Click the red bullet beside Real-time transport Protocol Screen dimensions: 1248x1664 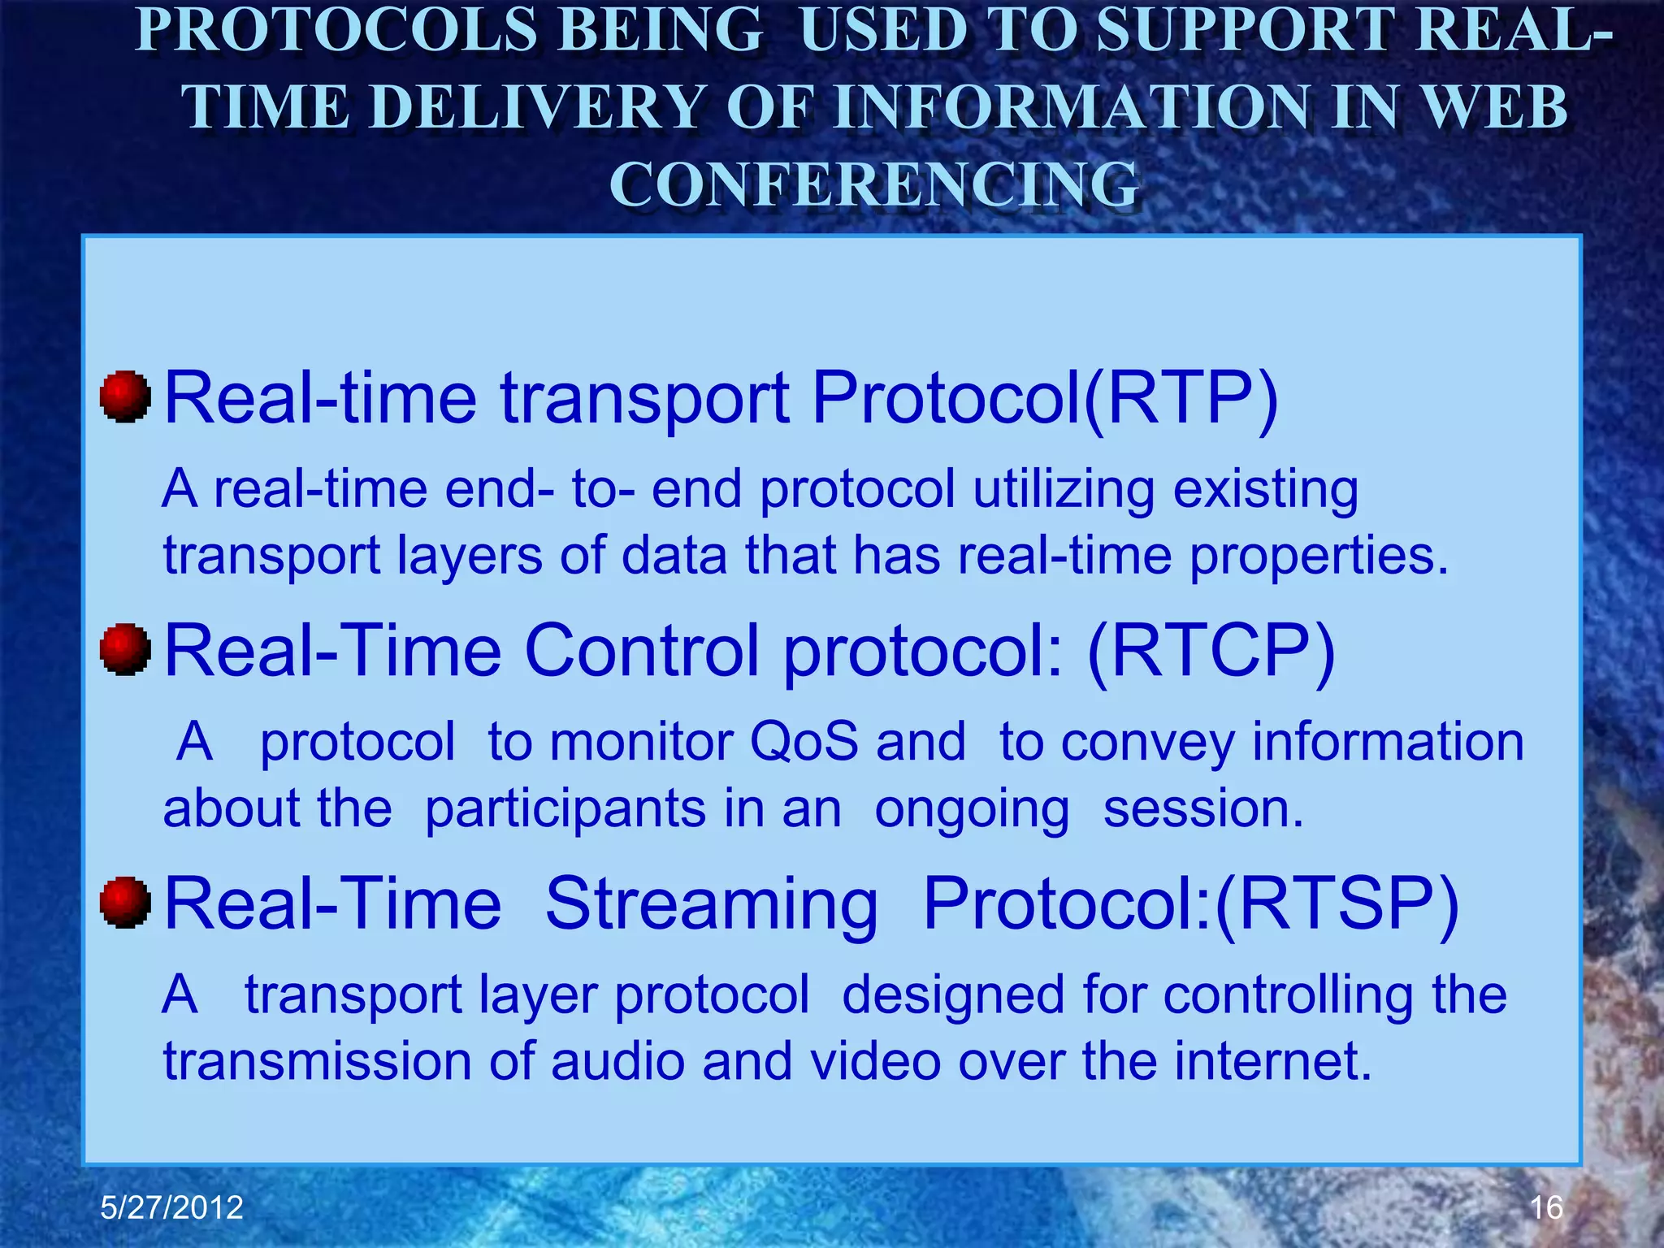coord(125,397)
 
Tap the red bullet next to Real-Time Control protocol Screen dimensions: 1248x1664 coord(125,650)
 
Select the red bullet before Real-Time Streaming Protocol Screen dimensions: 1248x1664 coord(125,902)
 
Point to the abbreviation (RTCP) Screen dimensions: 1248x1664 coord(1211,651)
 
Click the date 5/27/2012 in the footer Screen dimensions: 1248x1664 coord(171,1207)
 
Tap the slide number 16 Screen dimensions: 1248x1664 coord(1546,1207)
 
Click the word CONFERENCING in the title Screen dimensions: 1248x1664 coord(874,184)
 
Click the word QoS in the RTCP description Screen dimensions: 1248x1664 coord(804,742)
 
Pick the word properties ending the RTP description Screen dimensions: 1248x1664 coord(1318,557)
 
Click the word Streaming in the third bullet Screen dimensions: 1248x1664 coord(711,903)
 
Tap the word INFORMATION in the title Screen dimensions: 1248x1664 coord(1071,107)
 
